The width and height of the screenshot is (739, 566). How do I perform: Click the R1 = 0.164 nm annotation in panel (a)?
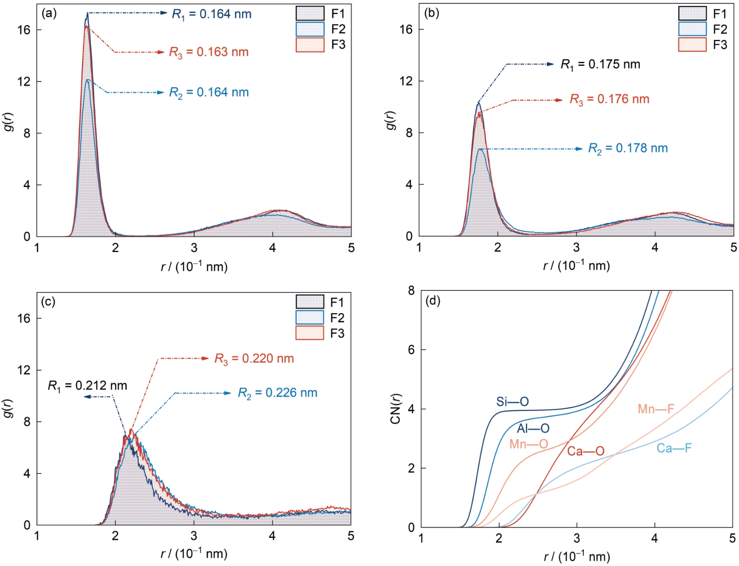[211, 14]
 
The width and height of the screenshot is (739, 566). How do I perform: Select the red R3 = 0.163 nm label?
[209, 52]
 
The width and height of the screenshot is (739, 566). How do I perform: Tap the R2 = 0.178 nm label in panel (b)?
[628, 148]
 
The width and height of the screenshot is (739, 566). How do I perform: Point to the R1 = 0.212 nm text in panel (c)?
[87, 386]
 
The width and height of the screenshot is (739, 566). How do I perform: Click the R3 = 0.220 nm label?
[254, 359]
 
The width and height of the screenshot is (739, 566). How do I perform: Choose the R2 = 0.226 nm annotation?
[277, 393]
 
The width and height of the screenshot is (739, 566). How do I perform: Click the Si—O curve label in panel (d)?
[512, 401]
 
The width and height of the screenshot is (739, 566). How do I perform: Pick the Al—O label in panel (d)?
[533, 428]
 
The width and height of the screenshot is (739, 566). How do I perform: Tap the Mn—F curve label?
[656, 409]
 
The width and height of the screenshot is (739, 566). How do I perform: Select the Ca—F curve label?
[674, 448]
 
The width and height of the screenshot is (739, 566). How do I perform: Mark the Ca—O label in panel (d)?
[586, 451]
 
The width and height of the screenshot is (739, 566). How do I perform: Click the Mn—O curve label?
[529, 444]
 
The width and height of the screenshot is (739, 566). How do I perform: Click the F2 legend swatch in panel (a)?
[310, 29]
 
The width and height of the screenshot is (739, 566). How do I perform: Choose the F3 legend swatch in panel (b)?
[692, 45]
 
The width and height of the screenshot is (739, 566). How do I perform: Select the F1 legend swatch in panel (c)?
[310, 302]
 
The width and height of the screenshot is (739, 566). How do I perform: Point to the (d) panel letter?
[433, 301]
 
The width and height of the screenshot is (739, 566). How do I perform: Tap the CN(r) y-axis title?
[395, 409]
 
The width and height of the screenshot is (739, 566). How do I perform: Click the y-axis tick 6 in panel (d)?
[411, 350]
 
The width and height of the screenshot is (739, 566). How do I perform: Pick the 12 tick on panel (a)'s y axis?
[24, 82]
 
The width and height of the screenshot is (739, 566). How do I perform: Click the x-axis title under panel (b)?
[576, 266]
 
